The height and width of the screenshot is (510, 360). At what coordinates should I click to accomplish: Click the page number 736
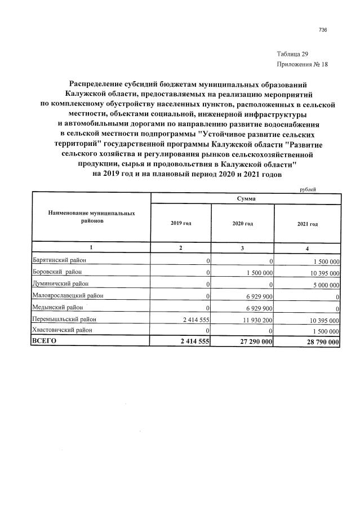click(323, 30)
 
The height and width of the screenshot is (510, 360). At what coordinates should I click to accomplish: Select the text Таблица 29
click(292, 54)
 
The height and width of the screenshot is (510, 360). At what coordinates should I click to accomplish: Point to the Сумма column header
click(246, 199)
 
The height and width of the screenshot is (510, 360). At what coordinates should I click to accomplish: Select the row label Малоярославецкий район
click(68, 295)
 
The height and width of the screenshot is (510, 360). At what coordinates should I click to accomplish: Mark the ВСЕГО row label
click(45, 342)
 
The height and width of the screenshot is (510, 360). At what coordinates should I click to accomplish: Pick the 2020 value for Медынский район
click(260, 308)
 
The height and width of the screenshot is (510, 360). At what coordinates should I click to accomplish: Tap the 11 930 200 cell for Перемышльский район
click(257, 320)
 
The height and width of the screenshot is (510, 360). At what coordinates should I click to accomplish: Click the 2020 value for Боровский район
click(259, 273)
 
